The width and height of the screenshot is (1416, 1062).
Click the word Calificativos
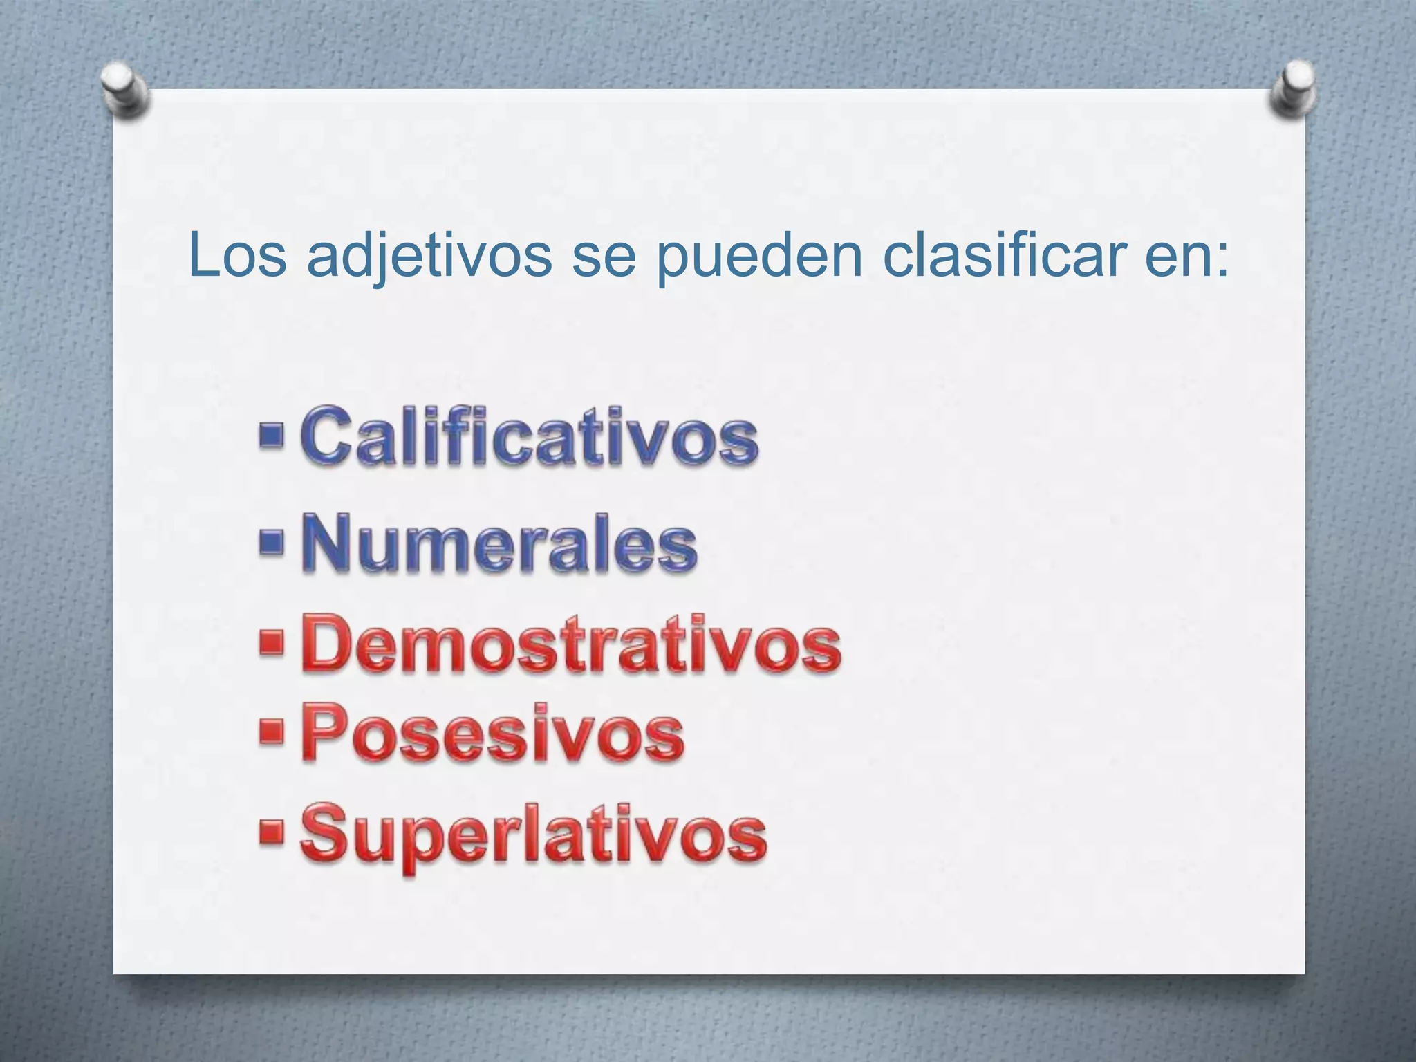tap(530, 436)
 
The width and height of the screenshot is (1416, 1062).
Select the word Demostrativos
tap(571, 644)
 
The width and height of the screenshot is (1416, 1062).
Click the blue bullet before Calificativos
tap(272, 436)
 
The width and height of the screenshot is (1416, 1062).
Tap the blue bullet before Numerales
tap(272, 543)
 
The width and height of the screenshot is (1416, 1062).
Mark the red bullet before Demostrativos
tap(272, 643)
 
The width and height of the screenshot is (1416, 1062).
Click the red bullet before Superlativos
tap(272, 833)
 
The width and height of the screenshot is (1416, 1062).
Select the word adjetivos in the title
tap(429, 256)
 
